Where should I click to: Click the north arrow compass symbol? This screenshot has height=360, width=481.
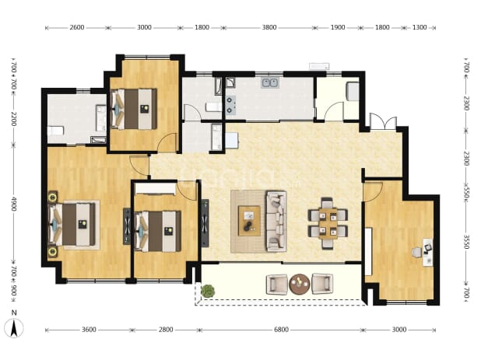[x=14, y=328]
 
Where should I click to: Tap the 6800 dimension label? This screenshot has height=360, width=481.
[x=281, y=330]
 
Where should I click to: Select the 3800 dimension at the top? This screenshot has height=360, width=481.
[x=269, y=27]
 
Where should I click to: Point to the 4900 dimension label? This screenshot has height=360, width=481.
[x=14, y=204]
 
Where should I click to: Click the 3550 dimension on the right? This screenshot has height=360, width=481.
[x=466, y=242]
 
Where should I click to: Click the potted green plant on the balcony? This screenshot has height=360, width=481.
[x=208, y=291]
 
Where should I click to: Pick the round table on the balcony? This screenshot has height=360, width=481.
[x=300, y=284]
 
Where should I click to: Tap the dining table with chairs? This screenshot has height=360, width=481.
[x=328, y=223]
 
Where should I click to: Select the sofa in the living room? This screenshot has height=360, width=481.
[x=276, y=221]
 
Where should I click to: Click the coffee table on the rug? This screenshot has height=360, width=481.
[x=249, y=221]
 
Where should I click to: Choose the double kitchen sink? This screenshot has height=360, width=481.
[x=270, y=82]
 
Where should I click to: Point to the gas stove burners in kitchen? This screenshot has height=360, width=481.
[x=230, y=105]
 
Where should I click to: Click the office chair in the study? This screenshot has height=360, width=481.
[x=417, y=253]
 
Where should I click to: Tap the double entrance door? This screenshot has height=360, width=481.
[x=383, y=122]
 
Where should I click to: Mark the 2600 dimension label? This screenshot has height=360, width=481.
[x=77, y=27]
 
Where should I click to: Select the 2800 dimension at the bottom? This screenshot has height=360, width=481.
[x=166, y=330]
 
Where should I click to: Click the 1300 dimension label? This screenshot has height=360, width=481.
[x=419, y=27]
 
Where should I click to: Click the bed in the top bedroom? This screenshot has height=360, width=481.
[x=134, y=109]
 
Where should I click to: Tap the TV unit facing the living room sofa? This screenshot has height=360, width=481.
[x=205, y=222]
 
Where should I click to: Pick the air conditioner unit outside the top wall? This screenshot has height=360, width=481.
[x=319, y=66]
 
